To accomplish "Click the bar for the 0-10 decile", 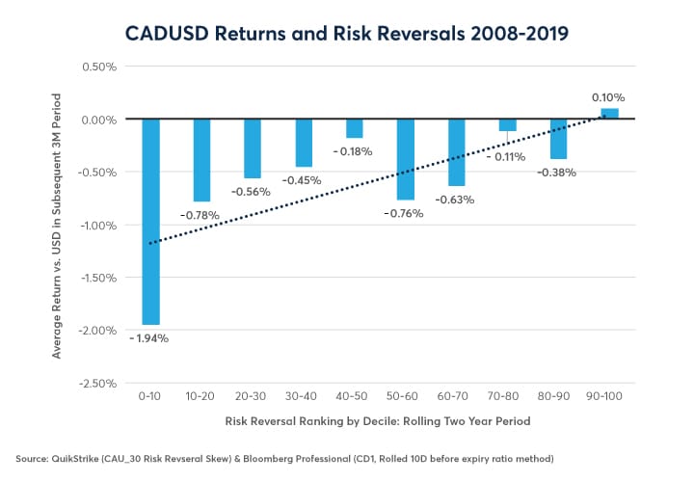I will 150,222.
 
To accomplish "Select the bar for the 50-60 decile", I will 406,159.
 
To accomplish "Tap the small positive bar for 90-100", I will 609,114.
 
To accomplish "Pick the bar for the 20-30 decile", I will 253,148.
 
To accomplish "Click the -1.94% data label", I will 149,338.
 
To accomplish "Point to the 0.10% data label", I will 608,97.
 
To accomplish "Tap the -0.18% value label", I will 355,152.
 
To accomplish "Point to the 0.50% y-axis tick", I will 97,67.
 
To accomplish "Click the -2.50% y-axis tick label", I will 95,383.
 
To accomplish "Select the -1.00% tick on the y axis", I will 95,225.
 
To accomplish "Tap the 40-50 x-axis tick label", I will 354,395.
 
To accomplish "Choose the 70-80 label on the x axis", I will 507,395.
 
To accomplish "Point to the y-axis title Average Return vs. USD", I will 59,226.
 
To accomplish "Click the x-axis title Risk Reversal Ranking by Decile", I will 379,420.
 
